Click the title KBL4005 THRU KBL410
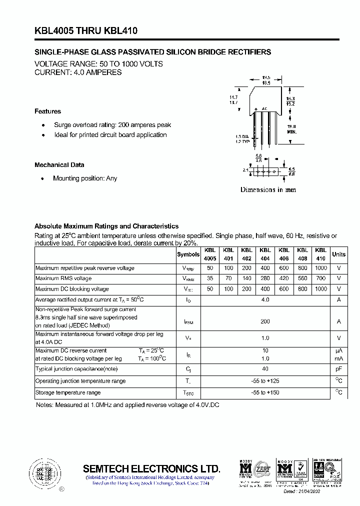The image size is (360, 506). (x=86, y=31)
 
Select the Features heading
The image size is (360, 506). (x=47, y=111)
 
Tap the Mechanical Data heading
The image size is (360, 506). (x=59, y=165)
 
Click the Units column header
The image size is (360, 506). (x=338, y=254)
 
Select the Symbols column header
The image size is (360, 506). (x=188, y=254)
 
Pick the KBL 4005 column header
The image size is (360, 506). (x=210, y=254)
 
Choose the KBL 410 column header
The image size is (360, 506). (x=321, y=254)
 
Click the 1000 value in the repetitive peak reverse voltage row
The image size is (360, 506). (x=321, y=268)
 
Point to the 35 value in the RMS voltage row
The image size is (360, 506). (x=210, y=278)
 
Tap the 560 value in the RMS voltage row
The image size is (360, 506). (x=302, y=278)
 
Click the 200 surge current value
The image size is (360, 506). (x=265, y=322)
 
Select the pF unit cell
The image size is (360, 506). (x=338, y=369)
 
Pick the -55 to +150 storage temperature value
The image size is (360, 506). (x=265, y=393)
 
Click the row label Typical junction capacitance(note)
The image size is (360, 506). (x=76, y=369)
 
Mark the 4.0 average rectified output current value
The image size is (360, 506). (x=265, y=300)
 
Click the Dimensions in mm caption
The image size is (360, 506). (x=268, y=190)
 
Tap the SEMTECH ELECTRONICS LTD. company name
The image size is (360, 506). (x=151, y=469)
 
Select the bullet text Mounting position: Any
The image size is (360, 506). (x=85, y=178)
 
